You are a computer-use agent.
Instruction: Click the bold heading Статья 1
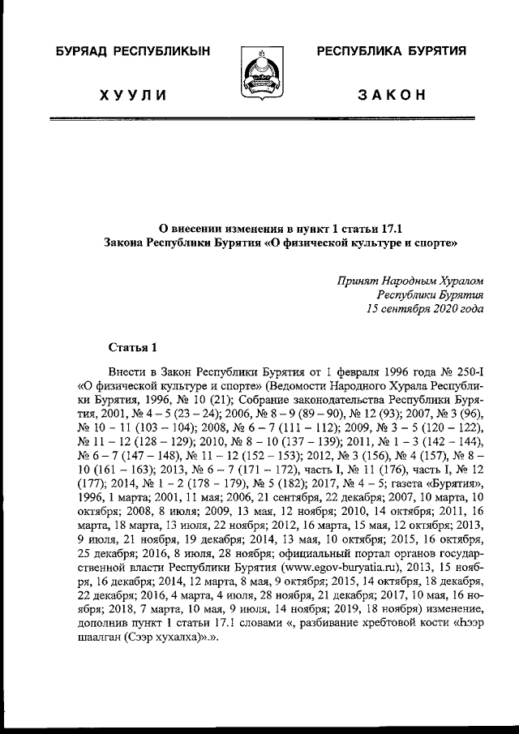point(132,347)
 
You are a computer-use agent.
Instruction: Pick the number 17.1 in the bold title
point(392,229)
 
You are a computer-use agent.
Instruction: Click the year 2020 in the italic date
point(443,308)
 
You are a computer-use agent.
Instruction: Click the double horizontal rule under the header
point(259,118)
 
